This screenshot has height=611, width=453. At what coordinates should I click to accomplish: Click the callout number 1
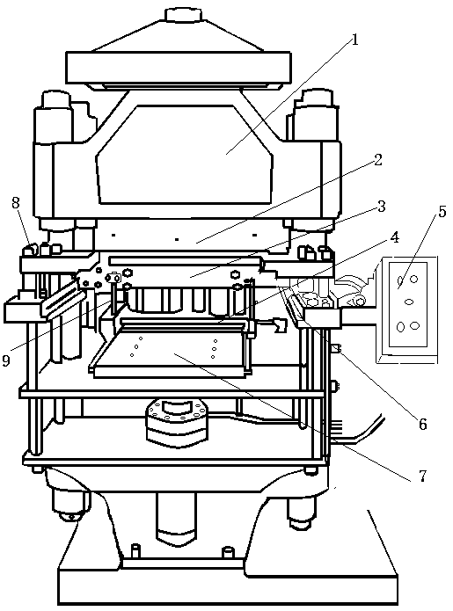354,40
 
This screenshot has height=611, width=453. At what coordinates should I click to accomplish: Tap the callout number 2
377,159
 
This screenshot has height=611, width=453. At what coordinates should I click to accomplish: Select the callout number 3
381,206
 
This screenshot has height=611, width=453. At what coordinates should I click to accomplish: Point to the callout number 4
395,236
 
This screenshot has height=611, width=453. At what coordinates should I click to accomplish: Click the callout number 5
442,212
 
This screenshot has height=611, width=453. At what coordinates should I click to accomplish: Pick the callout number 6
422,424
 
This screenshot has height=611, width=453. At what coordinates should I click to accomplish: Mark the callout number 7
422,476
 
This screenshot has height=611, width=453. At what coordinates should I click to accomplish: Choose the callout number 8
16,202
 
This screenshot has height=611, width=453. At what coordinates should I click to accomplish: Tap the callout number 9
6,360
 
